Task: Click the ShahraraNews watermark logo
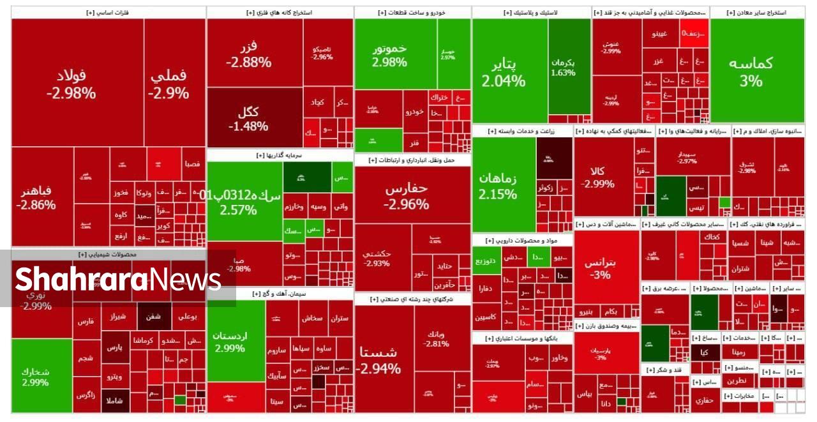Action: pyautogui.click(x=118, y=279)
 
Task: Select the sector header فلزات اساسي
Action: pyautogui.click(x=108, y=12)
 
